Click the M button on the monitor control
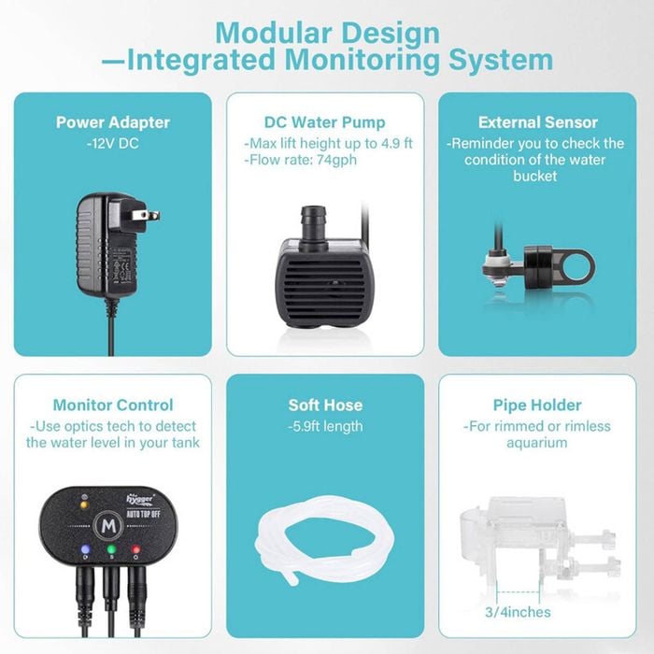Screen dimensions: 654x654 coord(108,526)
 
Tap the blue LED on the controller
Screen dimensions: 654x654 coord(86,549)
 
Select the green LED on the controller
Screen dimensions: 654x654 coord(111,549)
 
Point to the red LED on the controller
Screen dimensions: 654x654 coord(136,549)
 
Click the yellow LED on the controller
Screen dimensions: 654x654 coord(84,505)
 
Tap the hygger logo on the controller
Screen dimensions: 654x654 coord(140,499)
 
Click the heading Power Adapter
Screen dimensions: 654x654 coord(113,122)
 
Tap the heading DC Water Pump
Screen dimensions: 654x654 coord(325,122)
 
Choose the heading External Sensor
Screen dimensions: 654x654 coord(538,122)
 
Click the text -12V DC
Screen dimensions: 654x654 coord(113,144)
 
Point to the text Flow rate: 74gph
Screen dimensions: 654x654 coord(303,160)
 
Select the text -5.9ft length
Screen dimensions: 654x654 coord(325,427)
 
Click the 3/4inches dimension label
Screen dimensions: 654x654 coord(518,612)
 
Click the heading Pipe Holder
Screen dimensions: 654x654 coord(537,405)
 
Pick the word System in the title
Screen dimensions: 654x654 coord(501,61)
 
